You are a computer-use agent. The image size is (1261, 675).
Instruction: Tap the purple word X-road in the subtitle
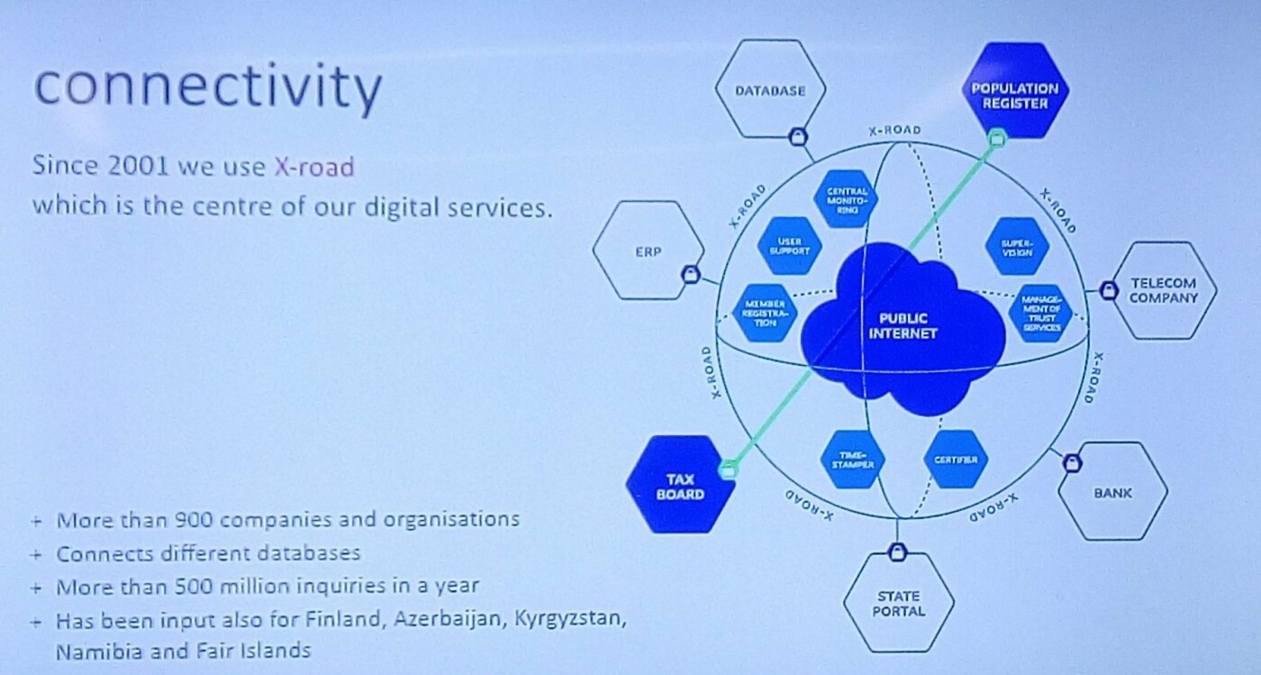pyautogui.click(x=314, y=167)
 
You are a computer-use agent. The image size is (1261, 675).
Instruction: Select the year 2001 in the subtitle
pyautogui.click(x=139, y=166)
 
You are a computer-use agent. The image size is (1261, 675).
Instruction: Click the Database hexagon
pyautogui.click(x=771, y=89)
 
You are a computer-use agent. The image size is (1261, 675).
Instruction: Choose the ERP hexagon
pyautogui.click(x=648, y=251)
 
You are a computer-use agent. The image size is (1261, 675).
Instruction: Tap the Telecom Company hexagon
pyautogui.click(x=1162, y=290)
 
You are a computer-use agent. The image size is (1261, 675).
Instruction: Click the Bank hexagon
pyautogui.click(x=1113, y=491)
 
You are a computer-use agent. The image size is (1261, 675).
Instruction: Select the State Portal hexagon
pyautogui.click(x=899, y=603)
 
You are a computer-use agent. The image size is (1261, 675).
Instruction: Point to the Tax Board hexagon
pyautogui.click(x=680, y=486)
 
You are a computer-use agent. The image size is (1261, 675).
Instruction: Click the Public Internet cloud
pyautogui.click(x=903, y=328)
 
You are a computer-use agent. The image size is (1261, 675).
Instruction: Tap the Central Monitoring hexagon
pyautogui.click(x=847, y=199)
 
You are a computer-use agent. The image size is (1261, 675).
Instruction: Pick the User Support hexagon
pyautogui.click(x=789, y=246)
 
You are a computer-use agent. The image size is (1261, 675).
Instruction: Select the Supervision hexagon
pyautogui.click(x=1017, y=247)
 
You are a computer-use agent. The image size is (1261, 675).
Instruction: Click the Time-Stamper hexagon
pyautogui.click(x=852, y=460)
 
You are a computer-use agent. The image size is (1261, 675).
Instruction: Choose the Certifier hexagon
pyautogui.click(x=956, y=460)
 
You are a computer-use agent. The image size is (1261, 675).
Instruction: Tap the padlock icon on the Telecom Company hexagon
pyautogui.click(x=1109, y=290)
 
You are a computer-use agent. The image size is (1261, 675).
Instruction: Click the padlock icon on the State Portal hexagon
pyautogui.click(x=897, y=552)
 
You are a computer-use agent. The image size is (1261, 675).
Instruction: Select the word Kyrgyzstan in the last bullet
pyautogui.click(x=570, y=618)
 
